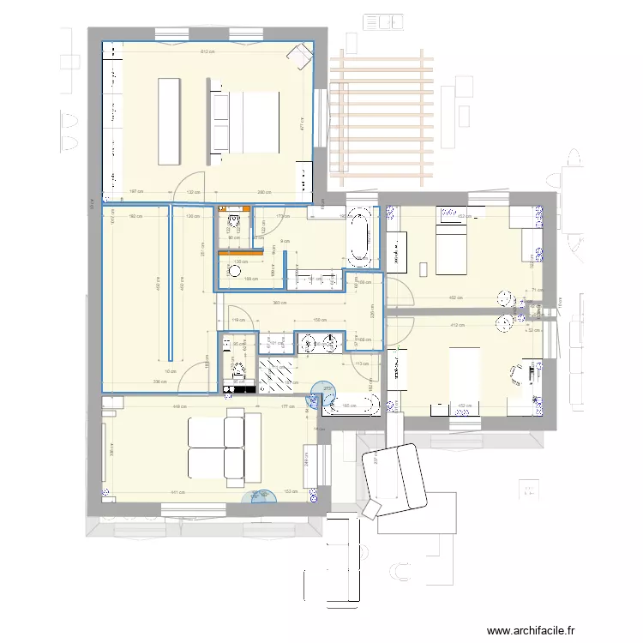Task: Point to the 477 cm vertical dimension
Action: (x=302, y=124)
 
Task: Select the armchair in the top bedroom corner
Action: (x=300, y=57)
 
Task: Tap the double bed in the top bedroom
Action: (x=246, y=122)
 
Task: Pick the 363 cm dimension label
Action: (x=279, y=303)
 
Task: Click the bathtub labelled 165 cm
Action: (x=350, y=406)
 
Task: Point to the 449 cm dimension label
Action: (x=180, y=407)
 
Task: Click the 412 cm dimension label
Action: (x=456, y=326)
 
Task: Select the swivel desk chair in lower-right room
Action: (x=518, y=373)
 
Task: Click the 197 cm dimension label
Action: (x=135, y=192)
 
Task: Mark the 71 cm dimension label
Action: (x=537, y=291)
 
